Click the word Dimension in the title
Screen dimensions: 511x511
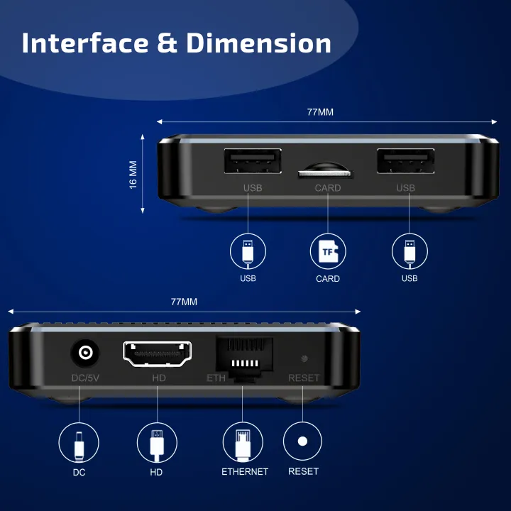pyautogui.click(x=259, y=43)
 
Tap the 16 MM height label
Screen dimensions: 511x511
pyautogui.click(x=133, y=175)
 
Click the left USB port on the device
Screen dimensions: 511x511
pyautogui.click(x=252, y=162)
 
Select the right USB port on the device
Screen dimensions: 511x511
pyautogui.click(x=405, y=162)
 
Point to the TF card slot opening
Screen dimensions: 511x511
pyautogui.click(x=325, y=171)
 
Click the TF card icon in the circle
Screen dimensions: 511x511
pyautogui.click(x=328, y=251)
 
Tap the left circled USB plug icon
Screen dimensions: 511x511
pyautogui.click(x=248, y=251)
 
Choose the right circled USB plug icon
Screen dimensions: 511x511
pyautogui.click(x=410, y=251)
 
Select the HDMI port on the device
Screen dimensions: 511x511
pyautogui.click(x=157, y=353)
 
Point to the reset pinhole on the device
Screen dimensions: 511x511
pyautogui.click(x=304, y=359)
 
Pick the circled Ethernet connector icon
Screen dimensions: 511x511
pyautogui.click(x=243, y=442)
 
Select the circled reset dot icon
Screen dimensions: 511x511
pyautogui.click(x=303, y=441)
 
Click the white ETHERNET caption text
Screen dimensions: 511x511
pyautogui.click(x=245, y=471)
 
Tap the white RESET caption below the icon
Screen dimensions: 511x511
pyautogui.click(x=303, y=471)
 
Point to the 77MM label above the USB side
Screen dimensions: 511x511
pyautogui.click(x=320, y=112)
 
